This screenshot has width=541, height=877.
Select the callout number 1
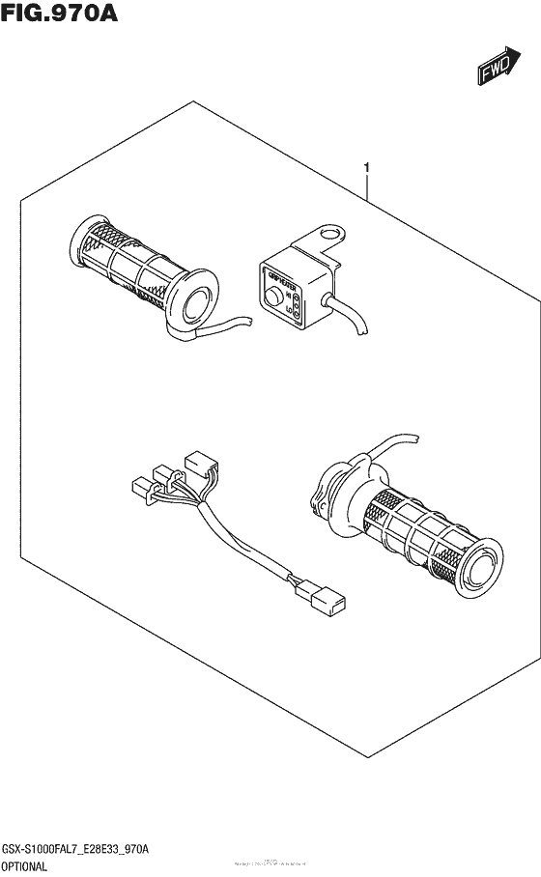367,170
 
